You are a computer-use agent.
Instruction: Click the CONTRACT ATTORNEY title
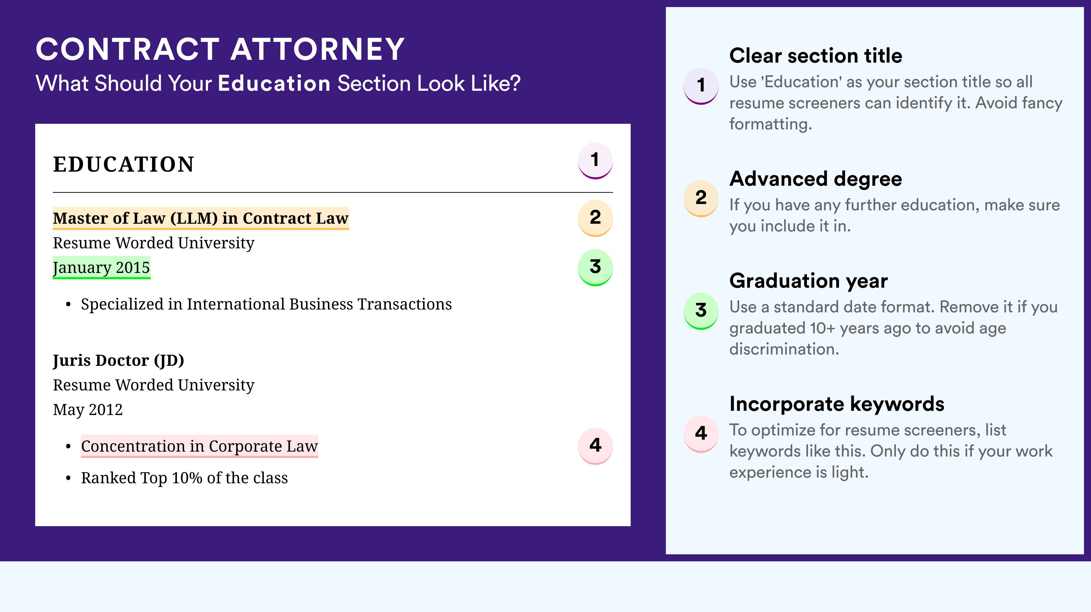(x=220, y=49)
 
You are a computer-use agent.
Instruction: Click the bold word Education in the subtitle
(x=274, y=83)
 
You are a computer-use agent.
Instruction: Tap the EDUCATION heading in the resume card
(x=123, y=164)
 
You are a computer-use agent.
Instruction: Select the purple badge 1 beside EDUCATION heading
(x=595, y=160)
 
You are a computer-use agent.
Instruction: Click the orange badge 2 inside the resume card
(x=595, y=218)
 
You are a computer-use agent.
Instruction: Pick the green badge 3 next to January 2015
(x=595, y=267)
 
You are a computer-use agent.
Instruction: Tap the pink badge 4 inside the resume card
(x=595, y=446)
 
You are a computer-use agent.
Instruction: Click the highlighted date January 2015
(x=101, y=267)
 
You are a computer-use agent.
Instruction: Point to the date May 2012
(x=88, y=410)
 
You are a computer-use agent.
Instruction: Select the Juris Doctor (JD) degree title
(x=119, y=361)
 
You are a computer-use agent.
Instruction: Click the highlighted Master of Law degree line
(x=201, y=218)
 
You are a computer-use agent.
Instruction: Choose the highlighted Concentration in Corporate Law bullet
(x=200, y=446)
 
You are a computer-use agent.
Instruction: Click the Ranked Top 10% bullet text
(x=184, y=478)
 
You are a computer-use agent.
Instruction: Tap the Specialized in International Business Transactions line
(x=266, y=304)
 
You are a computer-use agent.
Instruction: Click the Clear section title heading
(x=816, y=56)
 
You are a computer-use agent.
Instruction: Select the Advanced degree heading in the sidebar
(x=816, y=179)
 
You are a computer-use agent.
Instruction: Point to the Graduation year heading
(x=808, y=281)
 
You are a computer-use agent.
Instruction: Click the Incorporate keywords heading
(x=837, y=404)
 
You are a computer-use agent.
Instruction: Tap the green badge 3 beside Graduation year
(x=701, y=311)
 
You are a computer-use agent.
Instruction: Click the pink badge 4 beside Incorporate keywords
(x=701, y=434)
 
